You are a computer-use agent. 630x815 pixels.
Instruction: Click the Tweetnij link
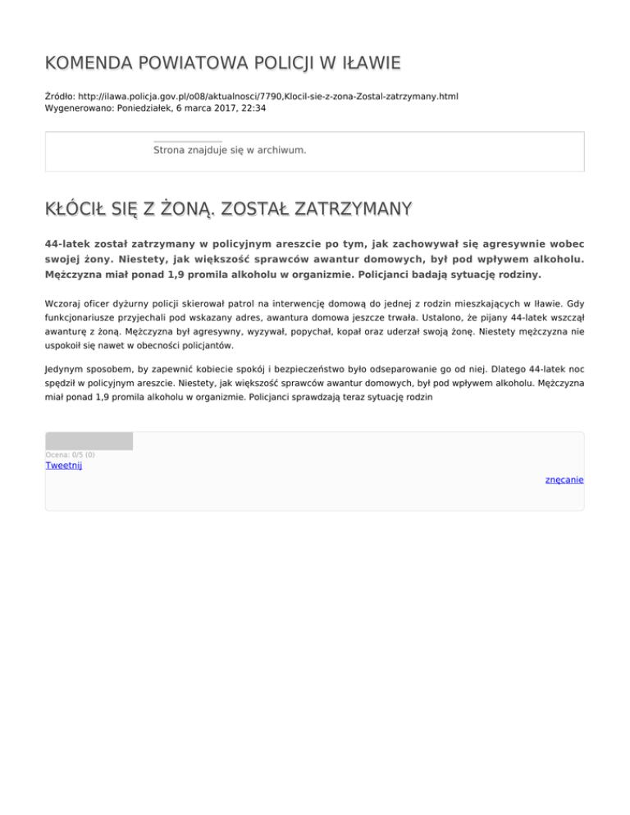[x=63, y=466]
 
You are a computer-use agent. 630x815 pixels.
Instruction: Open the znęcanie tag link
[x=564, y=480]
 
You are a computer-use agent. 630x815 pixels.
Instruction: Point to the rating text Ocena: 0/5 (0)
[x=70, y=454]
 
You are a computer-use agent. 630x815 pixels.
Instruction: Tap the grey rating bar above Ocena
[x=89, y=441]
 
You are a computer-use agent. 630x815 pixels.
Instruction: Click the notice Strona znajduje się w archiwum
[x=230, y=150]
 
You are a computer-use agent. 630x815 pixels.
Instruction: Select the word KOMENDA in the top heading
[x=88, y=63]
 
